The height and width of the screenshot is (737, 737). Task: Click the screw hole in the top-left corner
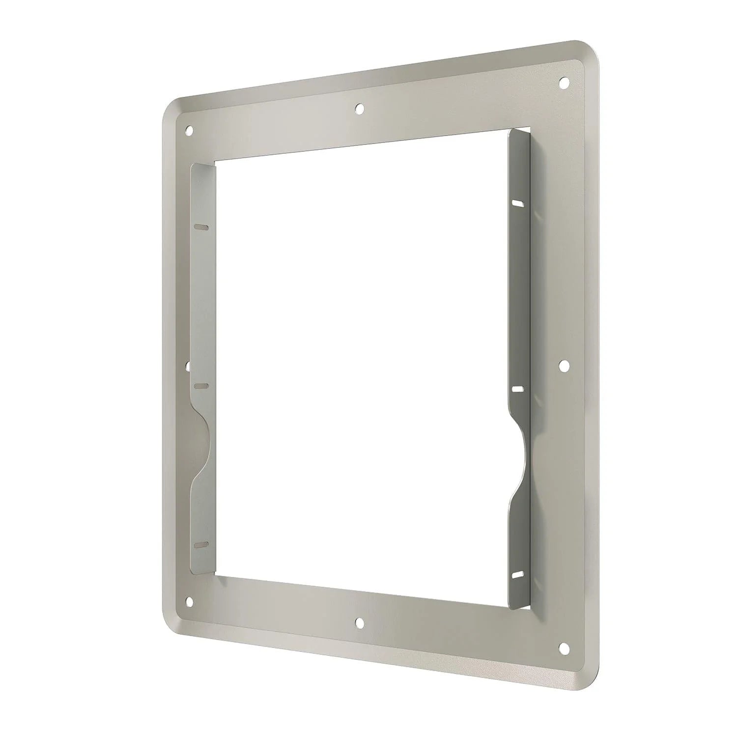pos(189,131)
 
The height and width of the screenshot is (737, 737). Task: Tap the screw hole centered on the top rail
pos(360,108)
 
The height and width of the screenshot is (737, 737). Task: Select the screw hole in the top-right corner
pos(565,81)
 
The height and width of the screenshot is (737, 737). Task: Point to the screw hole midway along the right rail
pos(565,365)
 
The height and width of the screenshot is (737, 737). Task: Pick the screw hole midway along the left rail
pos(188,366)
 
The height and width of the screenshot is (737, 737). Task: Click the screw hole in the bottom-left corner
pos(189,600)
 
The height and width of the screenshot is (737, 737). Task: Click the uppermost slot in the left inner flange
pos(201,227)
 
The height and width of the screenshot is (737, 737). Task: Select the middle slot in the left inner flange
pos(201,386)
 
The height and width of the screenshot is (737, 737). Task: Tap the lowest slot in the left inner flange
pos(201,545)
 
